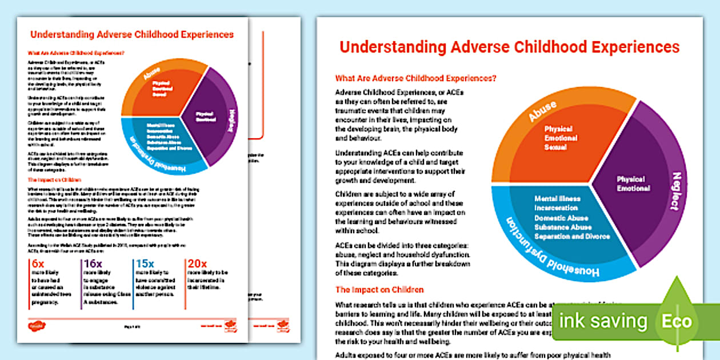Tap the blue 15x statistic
(x=143, y=265)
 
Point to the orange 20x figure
(x=197, y=265)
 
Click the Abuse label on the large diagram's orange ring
(x=542, y=111)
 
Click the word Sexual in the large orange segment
(x=555, y=147)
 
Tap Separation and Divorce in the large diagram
(x=572, y=237)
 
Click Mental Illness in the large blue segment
(x=558, y=198)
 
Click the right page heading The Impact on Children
(x=379, y=290)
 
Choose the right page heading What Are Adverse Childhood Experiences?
(x=415, y=78)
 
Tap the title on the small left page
(x=132, y=34)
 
